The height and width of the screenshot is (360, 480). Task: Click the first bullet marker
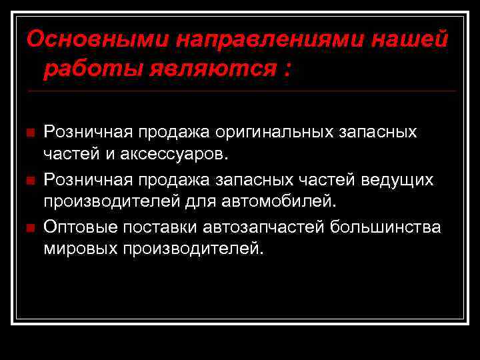(29, 133)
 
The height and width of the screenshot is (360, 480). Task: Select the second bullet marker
(29, 181)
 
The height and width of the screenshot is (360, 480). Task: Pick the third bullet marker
(29, 229)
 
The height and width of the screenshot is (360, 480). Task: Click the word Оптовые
(81, 227)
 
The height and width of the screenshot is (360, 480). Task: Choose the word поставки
(158, 227)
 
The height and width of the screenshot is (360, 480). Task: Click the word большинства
(387, 227)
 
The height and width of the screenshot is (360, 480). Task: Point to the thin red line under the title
(240, 91)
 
